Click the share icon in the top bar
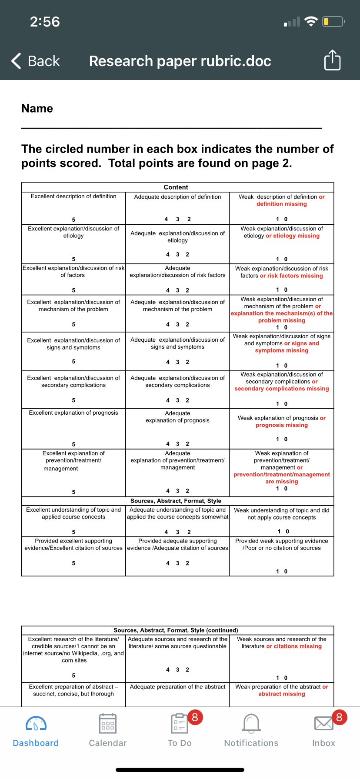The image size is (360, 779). (333, 60)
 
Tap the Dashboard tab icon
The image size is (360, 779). (36, 724)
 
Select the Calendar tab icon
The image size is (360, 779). (108, 724)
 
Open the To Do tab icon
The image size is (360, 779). (179, 724)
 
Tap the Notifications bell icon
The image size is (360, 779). (251, 724)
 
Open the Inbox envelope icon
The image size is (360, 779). (324, 724)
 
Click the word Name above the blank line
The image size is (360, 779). (37, 109)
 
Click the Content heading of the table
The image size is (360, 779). (176, 187)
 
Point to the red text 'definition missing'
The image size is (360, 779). (282, 204)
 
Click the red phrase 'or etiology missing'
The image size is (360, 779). (293, 236)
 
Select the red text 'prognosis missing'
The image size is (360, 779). (282, 425)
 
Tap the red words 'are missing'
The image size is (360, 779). (282, 482)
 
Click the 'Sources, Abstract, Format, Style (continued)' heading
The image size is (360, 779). (176, 630)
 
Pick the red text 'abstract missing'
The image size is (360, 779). (282, 694)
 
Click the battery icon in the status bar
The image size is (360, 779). (333, 21)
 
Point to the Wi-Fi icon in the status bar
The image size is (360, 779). (311, 21)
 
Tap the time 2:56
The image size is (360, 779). (45, 22)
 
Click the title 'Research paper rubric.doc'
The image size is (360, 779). (180, 61)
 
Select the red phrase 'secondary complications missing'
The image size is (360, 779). (282, 389)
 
